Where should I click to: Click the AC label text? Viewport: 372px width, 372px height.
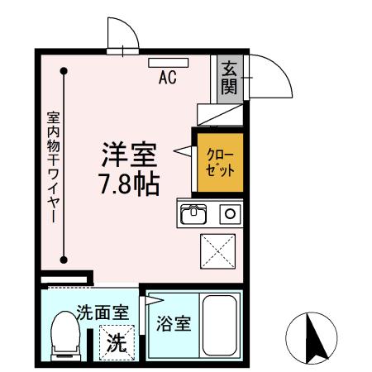point(168,79)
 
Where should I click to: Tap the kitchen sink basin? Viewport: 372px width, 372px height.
point(195,215)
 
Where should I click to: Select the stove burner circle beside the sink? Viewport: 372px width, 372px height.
point(230,215)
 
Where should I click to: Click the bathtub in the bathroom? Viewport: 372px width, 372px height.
point(220,327)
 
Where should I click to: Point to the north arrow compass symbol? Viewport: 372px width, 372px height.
point(312,339)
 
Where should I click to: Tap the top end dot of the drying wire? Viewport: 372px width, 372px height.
point(64,72)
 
